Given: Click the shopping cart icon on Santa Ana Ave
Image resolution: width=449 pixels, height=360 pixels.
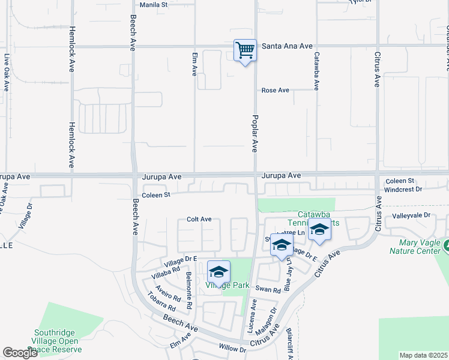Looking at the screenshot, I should pyautogui.click(x=245, y=50).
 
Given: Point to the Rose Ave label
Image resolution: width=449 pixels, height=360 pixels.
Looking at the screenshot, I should pyautogui.click(x=276, y=90).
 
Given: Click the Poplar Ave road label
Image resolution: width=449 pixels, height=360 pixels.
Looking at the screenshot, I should pyautogui.click(x=255, y=133).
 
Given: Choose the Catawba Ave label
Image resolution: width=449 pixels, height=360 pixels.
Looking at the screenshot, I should pyautogui.click(x=316, y=70).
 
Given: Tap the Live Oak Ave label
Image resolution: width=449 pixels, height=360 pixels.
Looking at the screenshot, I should pyautogui.click(x=7, y=73).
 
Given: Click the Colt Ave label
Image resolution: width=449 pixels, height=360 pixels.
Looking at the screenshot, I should pyautogui.click(x=199, y=220).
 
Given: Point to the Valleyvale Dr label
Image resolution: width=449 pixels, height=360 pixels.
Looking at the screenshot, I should pyautogui.click(x=411, y=215).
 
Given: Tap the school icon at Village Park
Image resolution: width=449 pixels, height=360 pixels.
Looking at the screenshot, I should pyautogui.click(x=219, y=272).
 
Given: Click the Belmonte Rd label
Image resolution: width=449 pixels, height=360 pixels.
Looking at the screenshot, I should pyautogui.click(x=188, y=290).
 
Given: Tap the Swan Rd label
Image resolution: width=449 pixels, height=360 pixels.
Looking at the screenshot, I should pyautogui.click(x=268, y=290).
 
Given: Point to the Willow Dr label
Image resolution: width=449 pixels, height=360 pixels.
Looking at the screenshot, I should pyautogui.click(x=232, y=349).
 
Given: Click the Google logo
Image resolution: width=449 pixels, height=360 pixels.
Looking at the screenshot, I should pyautogui.click(x=20, y=353).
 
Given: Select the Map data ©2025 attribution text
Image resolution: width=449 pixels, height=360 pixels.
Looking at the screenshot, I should pyautogui.click(x=424, y=355).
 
